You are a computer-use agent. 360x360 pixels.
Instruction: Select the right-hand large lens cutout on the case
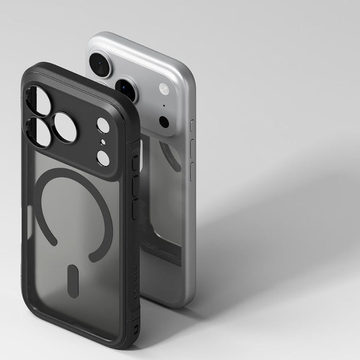coord(65,127)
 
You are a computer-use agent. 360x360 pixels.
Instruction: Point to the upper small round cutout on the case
coord(103,125)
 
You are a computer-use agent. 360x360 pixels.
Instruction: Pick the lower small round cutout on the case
coord(103,158)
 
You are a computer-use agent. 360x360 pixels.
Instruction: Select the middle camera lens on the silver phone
coord(127,88)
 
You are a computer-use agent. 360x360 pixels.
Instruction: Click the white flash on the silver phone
coord(164,88)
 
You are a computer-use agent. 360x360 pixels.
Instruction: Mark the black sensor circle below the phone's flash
coord(164,122)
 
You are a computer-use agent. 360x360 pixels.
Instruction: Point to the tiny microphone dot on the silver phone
coord(164,106)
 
